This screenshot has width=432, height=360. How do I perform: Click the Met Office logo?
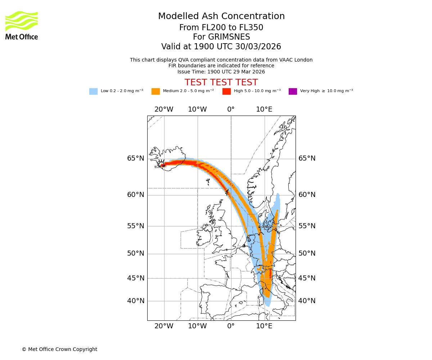click(22, 25)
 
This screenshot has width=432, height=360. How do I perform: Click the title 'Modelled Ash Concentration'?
click(221, 16)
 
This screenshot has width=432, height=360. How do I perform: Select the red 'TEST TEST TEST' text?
click(221, 82)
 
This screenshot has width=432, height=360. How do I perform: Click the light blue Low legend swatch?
click(93, 91)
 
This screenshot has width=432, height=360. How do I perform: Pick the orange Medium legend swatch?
click(156, 91)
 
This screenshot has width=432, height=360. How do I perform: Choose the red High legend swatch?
click(226, 91)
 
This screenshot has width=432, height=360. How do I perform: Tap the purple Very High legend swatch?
click(293, 91)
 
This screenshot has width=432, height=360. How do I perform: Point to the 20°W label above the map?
click(164, 109)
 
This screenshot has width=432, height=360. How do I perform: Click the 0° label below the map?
click(231, 326)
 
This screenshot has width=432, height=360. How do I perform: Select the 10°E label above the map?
click(264, 109)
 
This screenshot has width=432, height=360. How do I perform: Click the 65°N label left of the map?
click(135, 158)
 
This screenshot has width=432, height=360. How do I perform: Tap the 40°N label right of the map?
click(307, 301)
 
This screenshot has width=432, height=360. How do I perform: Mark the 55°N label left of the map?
click(135, 226)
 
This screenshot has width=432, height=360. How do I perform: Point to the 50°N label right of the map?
click(307, 253)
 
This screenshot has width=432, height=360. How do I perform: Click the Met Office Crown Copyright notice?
click(59, 349)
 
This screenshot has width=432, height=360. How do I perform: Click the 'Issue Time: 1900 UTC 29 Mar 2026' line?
click(221, 72)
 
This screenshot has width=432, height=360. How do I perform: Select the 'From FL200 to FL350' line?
click(221, 28)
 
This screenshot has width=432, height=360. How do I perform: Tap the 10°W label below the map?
click(197, 326)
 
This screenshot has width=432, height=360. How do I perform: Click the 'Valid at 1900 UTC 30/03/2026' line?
click(221, 47)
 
